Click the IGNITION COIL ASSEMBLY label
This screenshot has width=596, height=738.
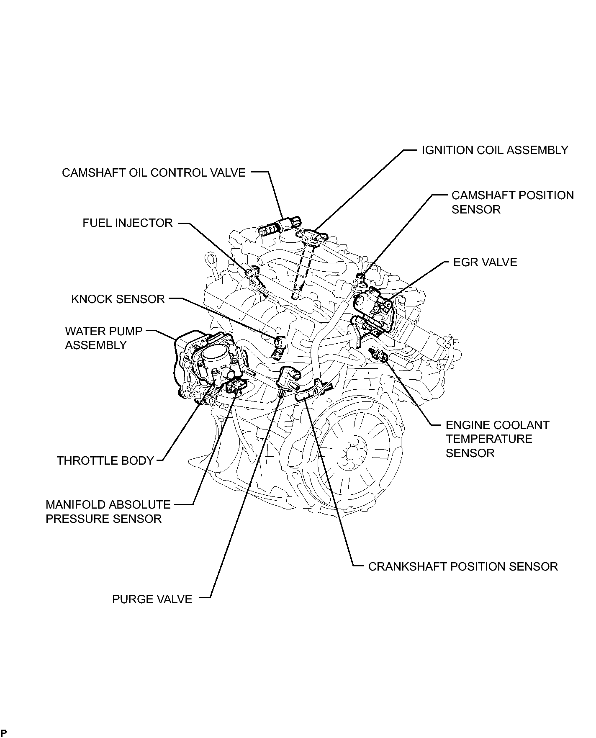pos(495,150)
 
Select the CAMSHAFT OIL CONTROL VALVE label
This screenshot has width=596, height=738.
pos(154,173)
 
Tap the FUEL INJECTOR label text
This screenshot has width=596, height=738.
pos(128,223)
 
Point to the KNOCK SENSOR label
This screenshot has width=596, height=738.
pos(118,299)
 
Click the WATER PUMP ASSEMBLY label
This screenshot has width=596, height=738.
pos(103,338)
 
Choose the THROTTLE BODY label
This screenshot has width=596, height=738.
pos(105,461)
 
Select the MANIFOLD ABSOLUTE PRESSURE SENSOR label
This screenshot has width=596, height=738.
pos(108,512)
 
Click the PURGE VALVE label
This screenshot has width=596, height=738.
pos(152,599)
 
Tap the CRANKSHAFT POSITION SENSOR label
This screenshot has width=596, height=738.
pos(463,567)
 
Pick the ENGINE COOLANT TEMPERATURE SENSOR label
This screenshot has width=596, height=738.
pos(497,439)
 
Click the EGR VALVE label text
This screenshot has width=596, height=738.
pos(485,262)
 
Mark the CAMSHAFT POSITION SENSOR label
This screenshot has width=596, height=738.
pos(512,203)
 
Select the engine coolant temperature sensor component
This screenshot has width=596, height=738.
pos(378,354)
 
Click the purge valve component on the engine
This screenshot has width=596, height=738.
pos(289,377)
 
